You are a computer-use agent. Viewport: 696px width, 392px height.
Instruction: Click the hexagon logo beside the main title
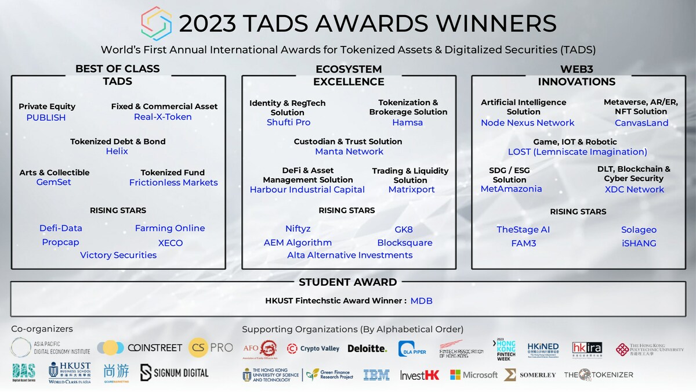[157, 23]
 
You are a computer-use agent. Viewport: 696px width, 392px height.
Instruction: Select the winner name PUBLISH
[46, 117]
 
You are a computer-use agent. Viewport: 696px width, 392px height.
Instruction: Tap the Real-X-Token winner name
[162, 117]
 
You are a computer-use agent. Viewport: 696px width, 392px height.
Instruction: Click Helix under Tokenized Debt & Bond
[117, 151]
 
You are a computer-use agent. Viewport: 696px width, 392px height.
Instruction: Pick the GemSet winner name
[53, 182]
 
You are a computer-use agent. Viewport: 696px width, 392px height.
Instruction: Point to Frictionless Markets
[173, 182]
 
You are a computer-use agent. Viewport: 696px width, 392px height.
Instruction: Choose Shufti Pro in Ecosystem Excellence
[288, 122]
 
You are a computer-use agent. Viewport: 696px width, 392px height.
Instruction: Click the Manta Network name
[349, 152]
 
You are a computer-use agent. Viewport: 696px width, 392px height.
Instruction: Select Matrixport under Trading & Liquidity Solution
[411, 189]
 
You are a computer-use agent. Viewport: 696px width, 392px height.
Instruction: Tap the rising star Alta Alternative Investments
[350, 255]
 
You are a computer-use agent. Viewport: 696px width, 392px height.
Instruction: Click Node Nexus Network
[527, 123]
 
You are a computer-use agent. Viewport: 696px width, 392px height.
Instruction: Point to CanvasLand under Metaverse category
[641, 123]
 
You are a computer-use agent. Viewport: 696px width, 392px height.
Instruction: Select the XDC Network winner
[634, 189]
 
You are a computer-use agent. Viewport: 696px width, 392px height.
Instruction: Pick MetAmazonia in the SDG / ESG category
[511, 189]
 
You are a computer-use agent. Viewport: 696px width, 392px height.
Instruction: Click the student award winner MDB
[421, 301]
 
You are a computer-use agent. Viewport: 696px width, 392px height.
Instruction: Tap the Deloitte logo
[367, 348]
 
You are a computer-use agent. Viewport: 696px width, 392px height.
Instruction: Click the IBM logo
[376, 375]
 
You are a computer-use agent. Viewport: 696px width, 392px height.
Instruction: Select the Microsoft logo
[473, 375]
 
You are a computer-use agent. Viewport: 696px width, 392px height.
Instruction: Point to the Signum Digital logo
[174, 373]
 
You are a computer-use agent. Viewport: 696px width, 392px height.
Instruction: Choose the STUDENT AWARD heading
[347, 282]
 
